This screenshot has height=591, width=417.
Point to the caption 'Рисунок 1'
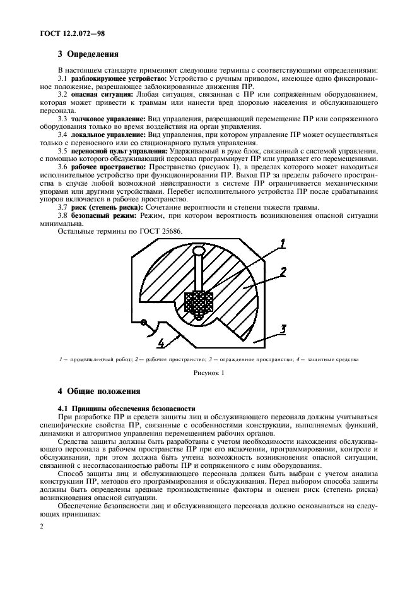click(x=208, y=373)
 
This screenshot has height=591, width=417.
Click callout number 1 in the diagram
click(x=283, y=243)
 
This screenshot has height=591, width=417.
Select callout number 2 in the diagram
click(x=283, y=273)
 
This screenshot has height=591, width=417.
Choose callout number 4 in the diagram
click(x=162, y=343)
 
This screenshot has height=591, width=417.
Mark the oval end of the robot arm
click(x=199, y=252)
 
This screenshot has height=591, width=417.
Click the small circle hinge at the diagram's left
click(x=145, y=323)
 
